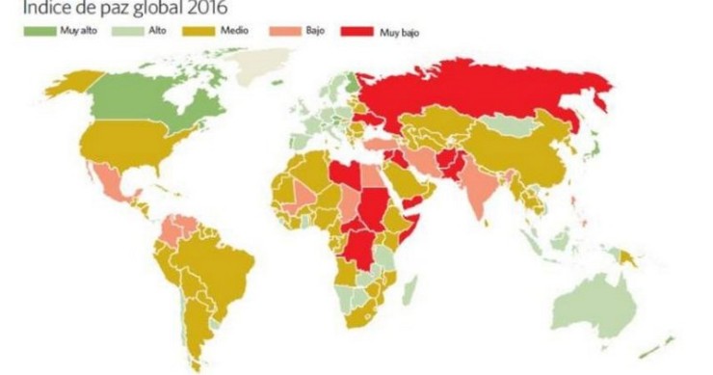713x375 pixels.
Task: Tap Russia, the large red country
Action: tap(482, 92)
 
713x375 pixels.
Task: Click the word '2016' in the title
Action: tap(204, 10)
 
